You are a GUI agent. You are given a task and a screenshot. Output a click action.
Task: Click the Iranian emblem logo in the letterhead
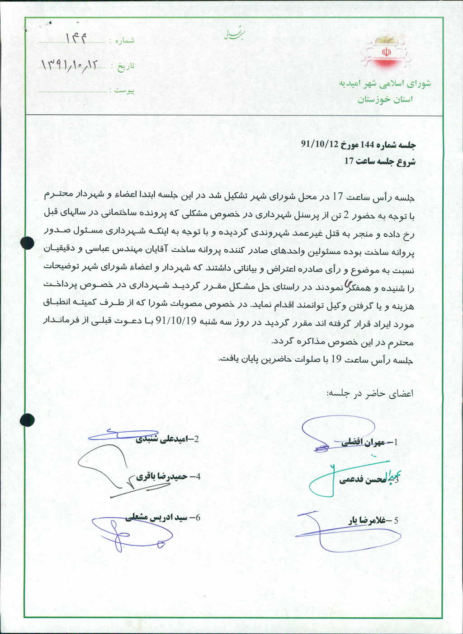387,52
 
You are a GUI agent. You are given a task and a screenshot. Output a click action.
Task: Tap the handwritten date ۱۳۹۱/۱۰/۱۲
69,65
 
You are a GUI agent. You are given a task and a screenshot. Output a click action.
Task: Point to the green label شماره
125,41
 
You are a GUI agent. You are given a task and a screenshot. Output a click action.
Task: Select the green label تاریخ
126,67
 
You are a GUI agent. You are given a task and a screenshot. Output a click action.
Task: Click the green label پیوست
124,91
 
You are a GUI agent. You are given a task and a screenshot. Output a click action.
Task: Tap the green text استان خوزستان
385,99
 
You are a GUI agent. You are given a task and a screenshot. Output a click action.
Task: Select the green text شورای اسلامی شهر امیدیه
385,84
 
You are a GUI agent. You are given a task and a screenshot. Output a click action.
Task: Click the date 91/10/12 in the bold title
320,145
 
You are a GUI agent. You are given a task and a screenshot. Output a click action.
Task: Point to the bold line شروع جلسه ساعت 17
380,161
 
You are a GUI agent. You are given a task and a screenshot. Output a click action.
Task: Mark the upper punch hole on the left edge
27,243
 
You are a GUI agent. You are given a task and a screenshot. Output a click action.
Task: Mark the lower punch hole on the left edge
27,420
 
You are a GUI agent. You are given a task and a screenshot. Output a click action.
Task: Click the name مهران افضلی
363,443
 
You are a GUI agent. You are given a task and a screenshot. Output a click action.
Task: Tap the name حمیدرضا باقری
161,476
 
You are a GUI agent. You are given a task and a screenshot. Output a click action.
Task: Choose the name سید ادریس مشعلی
156,517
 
